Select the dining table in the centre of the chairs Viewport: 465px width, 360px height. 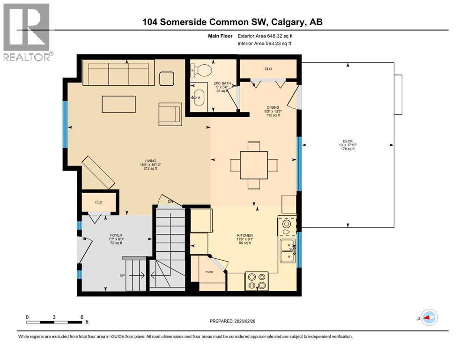pyautogui.click(x=254, y=165)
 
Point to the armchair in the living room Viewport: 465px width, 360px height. pyautogui.click(x=170, y=114)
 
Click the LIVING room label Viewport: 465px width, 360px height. pyautogui.click(x=150, y=161)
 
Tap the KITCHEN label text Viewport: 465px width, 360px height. pyautogui.click(x=244, y=235)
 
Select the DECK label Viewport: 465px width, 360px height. pyautogui.click(x=347, y=141)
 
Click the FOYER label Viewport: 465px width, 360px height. pyautogui.click(x=116, y=235)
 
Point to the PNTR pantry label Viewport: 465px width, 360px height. pyautogui.click(x=209, y=272)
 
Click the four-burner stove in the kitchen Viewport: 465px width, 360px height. pyautogui.click(x=257, y=281)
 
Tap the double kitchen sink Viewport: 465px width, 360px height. pyautogui.click(x=288, y=251)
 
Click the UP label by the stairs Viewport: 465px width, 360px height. pyautogui.click(x=122, y=276)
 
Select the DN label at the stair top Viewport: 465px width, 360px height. pyautogui.click(x=170, y=202)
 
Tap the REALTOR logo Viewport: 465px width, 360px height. pyautogui.click(x=27, y=32)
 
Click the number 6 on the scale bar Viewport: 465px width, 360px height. pyautogui.click(x=82, y=317)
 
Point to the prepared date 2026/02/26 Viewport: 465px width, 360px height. pyautogui.click(x=244, y=321)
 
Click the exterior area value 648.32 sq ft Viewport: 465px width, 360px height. pyautogui.click(x=280, y=36)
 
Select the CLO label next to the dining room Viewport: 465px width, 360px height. pyautogui.click(x=268, y=69)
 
